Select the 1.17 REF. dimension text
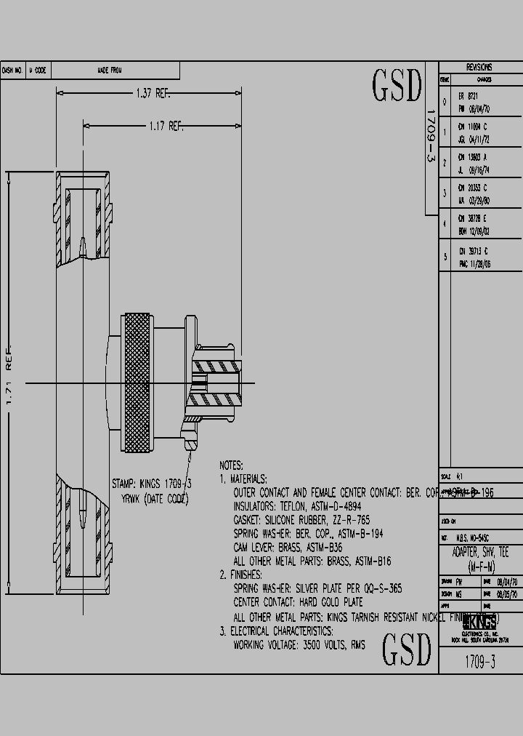click(165, 126)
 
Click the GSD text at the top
click(397, 87)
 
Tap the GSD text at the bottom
click(407, 649)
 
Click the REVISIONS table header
click(479, 66)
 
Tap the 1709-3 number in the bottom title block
click(479, 663)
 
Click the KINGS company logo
click(479, 622)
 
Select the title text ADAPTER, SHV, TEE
click(480, 553)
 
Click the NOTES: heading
click(231, 465)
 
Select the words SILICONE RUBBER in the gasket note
click(300, 520)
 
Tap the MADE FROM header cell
click(109, 71)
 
